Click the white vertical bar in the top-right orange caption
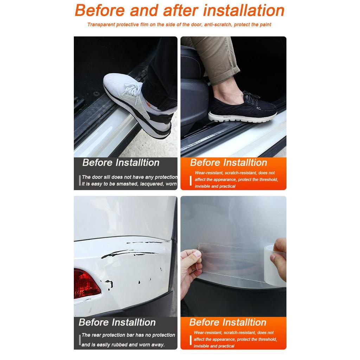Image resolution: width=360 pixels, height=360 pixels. point(191,180)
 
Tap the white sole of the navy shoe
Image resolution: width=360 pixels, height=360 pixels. point(243,117)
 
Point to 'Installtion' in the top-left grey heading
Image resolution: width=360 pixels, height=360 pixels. point(137,163)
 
